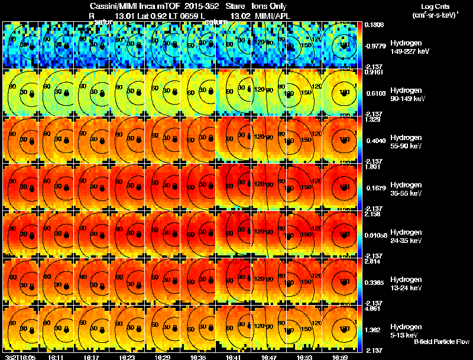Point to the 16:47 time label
click(270, 357)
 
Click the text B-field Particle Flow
click(441, 342)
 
